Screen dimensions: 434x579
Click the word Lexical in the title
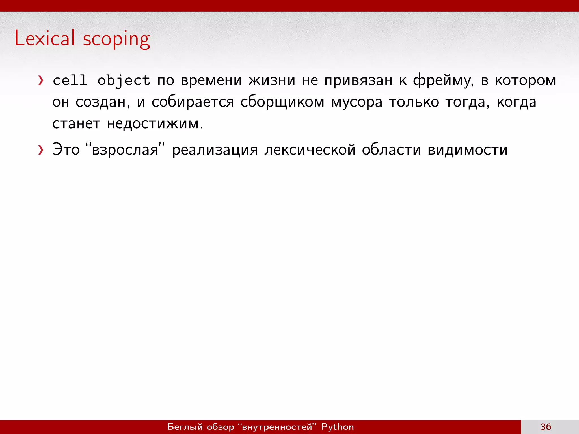[x=45, y=38]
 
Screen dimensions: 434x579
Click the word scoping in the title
[x=116, y=39]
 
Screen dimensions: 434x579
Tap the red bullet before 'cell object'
[x=41, y=81]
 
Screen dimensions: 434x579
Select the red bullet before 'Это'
[x=41, y=150]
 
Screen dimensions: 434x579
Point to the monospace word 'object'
[x=124, y=81]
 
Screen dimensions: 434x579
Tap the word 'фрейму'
[x=443, y=81]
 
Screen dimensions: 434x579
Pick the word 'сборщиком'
[x=282, y=102]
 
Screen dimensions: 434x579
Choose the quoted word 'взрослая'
[x=125, y=150]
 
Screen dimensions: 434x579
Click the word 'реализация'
[x=215, y=150]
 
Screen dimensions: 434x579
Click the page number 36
[x=546, y=427]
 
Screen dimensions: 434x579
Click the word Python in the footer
[x=337, y=427]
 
